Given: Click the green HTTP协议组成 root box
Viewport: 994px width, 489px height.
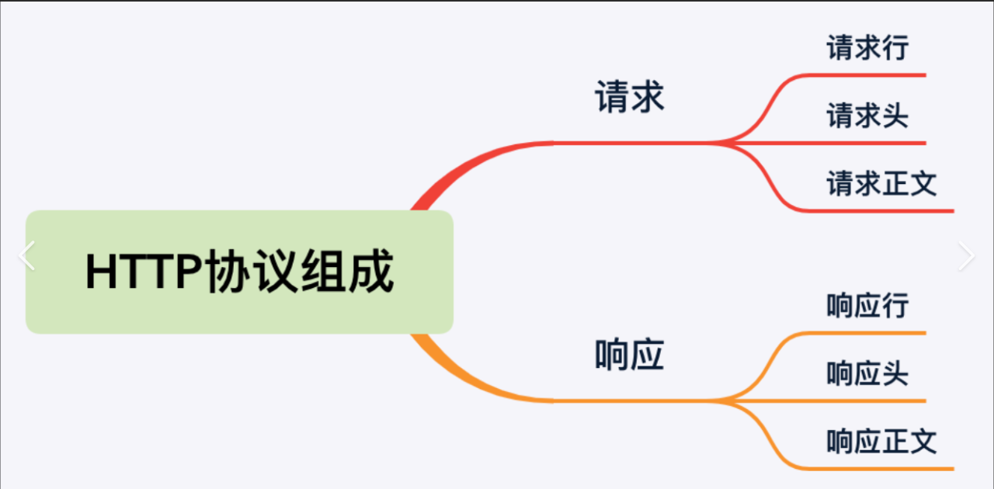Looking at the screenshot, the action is (x=239, y=272).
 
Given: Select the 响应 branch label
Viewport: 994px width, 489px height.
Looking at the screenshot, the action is (x=630, y=356).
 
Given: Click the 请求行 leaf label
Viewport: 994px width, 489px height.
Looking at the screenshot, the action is (x=867, y=48).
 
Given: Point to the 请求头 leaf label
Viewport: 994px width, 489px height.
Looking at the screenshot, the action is (x=867, y=116).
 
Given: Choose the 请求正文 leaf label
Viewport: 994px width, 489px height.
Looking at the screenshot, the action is (x=881, y=185).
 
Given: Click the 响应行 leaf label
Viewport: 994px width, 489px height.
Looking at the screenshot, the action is (x=867, y=306).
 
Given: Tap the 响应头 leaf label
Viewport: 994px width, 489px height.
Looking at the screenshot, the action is (x=867, y=374).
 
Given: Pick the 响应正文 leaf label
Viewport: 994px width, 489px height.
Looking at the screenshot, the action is (x=881, y=442).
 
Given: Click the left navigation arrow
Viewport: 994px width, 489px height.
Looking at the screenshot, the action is (x=26, y=256).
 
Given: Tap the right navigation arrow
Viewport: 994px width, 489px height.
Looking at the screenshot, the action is (x=966, y=256).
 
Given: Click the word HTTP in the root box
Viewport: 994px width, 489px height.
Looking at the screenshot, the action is (x=144, y=272).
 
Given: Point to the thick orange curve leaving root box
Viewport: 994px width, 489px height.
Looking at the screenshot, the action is (x=450, y=372).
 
